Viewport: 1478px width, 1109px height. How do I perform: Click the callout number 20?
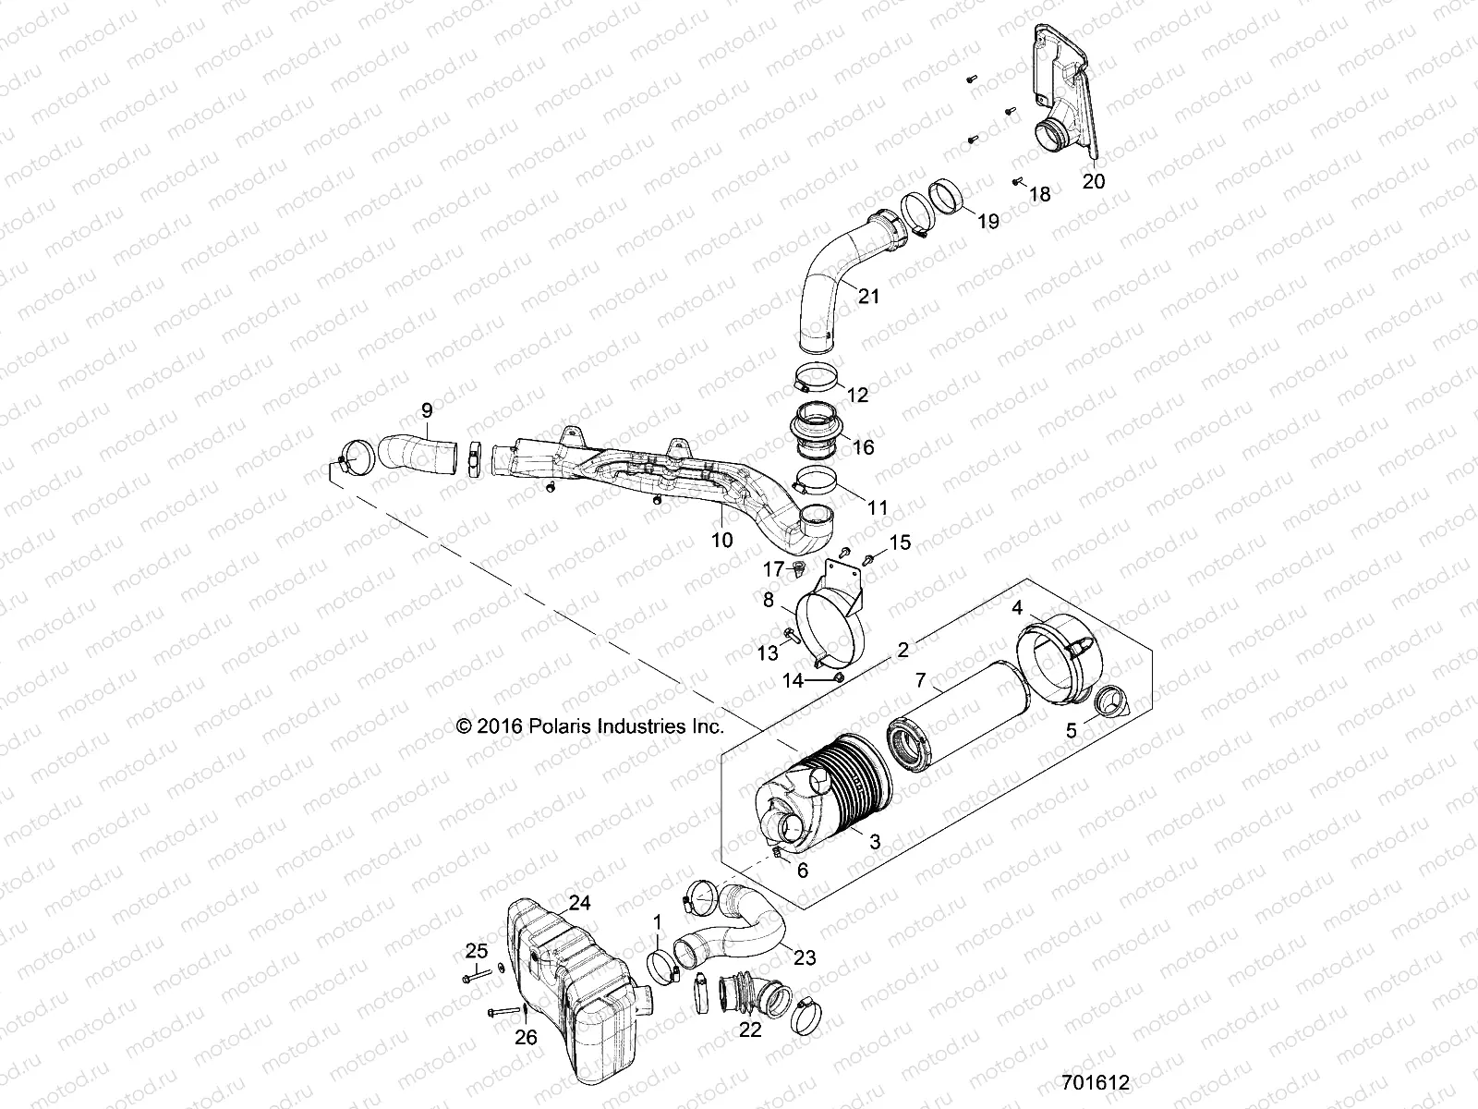[1093, 181]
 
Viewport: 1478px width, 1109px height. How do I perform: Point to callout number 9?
[426, 409]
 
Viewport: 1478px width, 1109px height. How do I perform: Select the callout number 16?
[863, 447]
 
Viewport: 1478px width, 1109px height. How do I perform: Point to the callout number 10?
[722, 539]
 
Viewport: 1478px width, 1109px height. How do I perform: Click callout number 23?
[806, 957]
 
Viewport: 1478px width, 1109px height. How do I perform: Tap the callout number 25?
[476, 951]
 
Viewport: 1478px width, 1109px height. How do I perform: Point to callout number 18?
[1039, 194]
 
